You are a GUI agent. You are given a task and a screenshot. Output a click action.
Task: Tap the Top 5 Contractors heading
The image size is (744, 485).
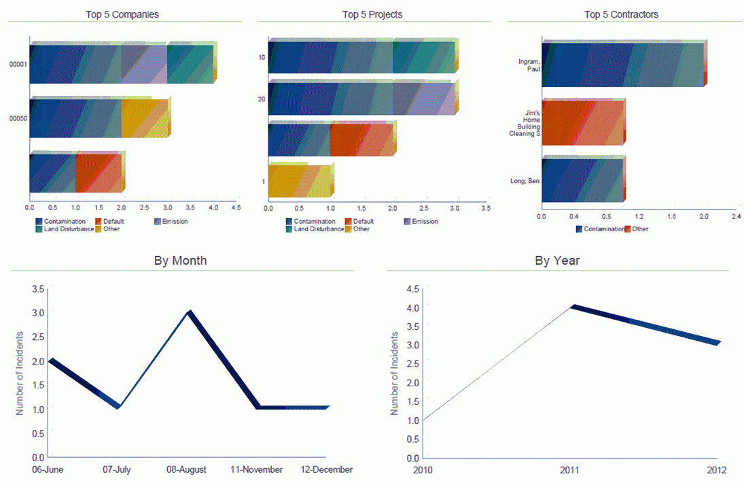(x=621, y=14)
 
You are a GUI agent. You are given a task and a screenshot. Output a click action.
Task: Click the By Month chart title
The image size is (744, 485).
(x=180, y=261)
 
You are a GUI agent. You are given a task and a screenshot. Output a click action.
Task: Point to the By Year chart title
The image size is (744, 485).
(x=557, y=261)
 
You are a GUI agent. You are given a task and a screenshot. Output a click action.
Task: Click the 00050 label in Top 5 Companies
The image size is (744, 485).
(x=18, y=118)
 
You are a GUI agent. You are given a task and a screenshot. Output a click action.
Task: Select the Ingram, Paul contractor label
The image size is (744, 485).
(x=529, y=65)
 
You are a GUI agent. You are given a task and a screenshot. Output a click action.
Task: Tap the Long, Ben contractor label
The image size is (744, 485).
(x=525, y=181)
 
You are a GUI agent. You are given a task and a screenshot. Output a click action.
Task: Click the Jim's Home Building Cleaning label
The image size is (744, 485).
(x=525, y=122)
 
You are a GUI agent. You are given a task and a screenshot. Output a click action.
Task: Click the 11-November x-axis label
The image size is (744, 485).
(x=258, y=470)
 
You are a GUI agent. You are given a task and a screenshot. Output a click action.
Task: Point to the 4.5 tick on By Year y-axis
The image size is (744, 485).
(x=413, y=289)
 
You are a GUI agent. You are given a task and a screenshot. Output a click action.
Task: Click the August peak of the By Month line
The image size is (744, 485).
(x=190, y=313)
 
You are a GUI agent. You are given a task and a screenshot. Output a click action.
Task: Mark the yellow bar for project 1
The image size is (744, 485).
(x=299, y=181)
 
